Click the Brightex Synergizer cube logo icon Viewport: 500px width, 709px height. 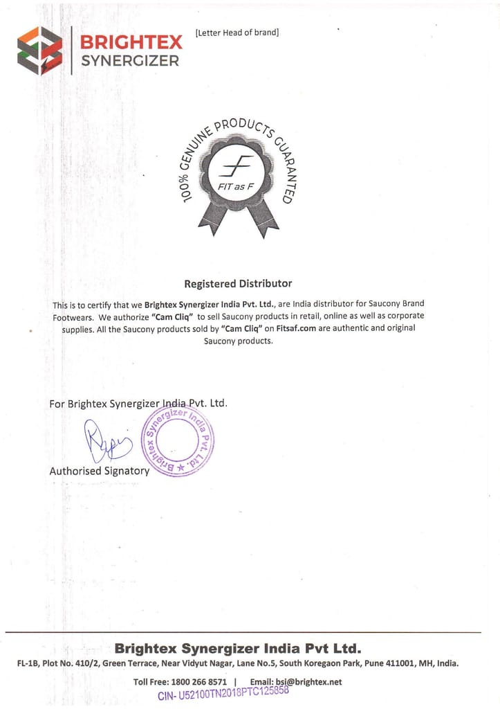(39, 51)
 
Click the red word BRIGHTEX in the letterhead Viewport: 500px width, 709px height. (131, 42)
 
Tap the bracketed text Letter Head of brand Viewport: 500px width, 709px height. (237, 33)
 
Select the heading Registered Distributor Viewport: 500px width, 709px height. (238, 283)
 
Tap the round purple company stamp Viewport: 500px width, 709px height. (178, 440)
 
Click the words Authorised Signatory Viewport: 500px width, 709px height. (99, 471)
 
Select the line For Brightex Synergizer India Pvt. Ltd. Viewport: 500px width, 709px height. (138, 403)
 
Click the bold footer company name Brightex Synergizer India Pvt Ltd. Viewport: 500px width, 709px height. (237, 649)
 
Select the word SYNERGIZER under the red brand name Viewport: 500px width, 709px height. (130, 61)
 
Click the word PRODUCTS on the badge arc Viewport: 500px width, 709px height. (243, 128)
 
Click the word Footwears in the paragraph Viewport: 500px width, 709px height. (73, 316)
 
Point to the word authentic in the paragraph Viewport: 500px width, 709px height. (351, 328)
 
